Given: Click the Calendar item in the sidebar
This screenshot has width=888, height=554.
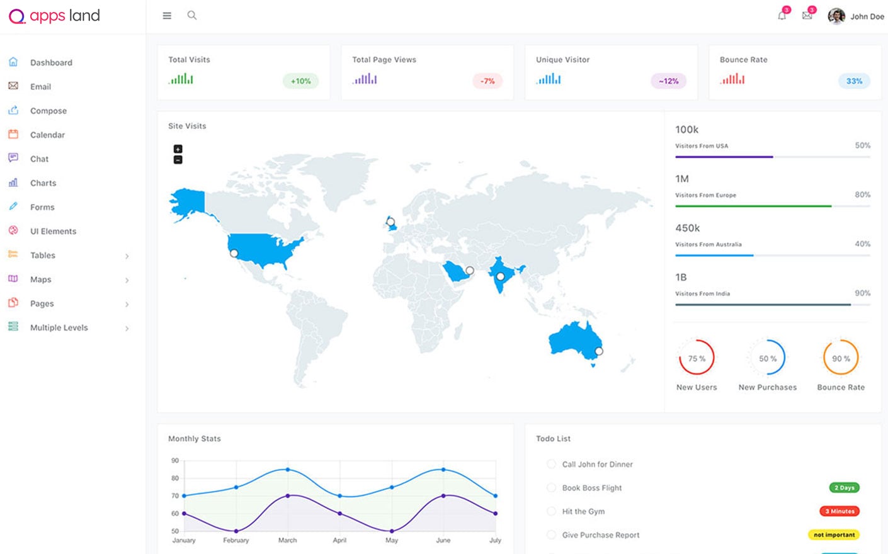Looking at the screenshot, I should coord(47,135).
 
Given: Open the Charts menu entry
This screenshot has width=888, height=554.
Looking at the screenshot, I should coord(43,183).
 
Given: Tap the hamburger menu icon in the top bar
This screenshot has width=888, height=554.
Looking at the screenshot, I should coord(167,16).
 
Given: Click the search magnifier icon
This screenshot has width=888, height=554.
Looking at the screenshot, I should coord(192,15).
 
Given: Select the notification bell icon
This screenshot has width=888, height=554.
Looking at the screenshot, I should coord(782,16).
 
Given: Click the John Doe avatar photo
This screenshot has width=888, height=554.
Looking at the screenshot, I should coord(836,16).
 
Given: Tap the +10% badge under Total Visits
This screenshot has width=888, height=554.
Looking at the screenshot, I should coord(300,81).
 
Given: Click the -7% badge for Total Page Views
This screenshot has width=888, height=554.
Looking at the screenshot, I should coord(487,81).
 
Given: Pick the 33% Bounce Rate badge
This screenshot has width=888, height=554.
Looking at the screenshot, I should coord(854,81).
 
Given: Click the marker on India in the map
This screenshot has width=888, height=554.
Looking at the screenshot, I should coord(500,276).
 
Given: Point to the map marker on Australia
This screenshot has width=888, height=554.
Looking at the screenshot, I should coord(599,351).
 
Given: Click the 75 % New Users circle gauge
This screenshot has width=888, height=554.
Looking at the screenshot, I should coord(697,358).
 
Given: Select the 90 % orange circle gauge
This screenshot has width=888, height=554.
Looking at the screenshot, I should coord(841,358).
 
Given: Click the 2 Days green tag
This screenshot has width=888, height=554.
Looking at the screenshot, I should coord(844,488).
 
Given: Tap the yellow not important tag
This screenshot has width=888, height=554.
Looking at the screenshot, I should coord(834,535).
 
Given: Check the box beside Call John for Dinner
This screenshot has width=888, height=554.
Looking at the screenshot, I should coord(551,464).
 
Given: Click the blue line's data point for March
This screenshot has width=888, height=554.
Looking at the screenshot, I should coord(288,470).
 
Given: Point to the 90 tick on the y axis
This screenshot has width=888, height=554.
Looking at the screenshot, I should coord(175,461).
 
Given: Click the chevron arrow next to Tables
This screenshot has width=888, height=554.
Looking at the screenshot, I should coord(127,256).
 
